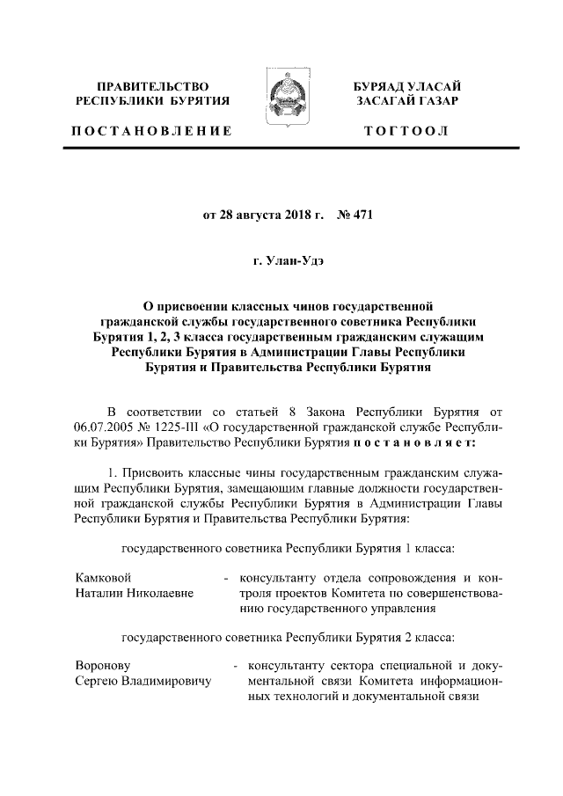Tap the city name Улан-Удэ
(x=290, y=262)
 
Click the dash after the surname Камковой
(x=227, y=579)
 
